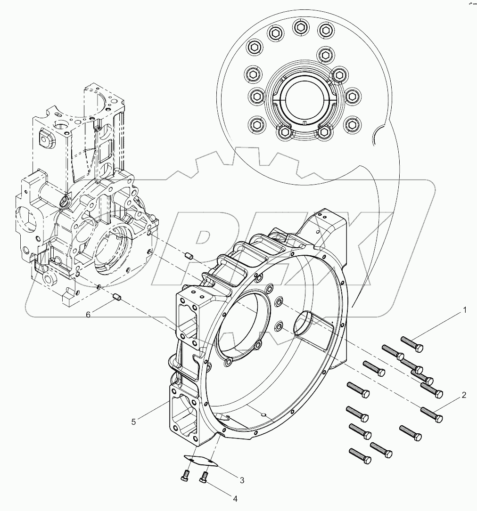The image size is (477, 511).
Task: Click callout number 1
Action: [x=464, y=310]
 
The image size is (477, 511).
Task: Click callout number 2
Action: [x=464, y=395]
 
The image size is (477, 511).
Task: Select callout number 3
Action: [x=242, y=480]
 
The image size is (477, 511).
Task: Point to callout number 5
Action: [x=134, y=422]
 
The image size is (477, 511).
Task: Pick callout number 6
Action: [x=88, y=315]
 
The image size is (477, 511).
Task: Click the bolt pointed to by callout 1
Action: [x=412, y=344]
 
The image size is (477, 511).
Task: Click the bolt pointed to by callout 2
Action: [x=431, y=414]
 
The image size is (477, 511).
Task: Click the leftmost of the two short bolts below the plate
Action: [x=185, y=476]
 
